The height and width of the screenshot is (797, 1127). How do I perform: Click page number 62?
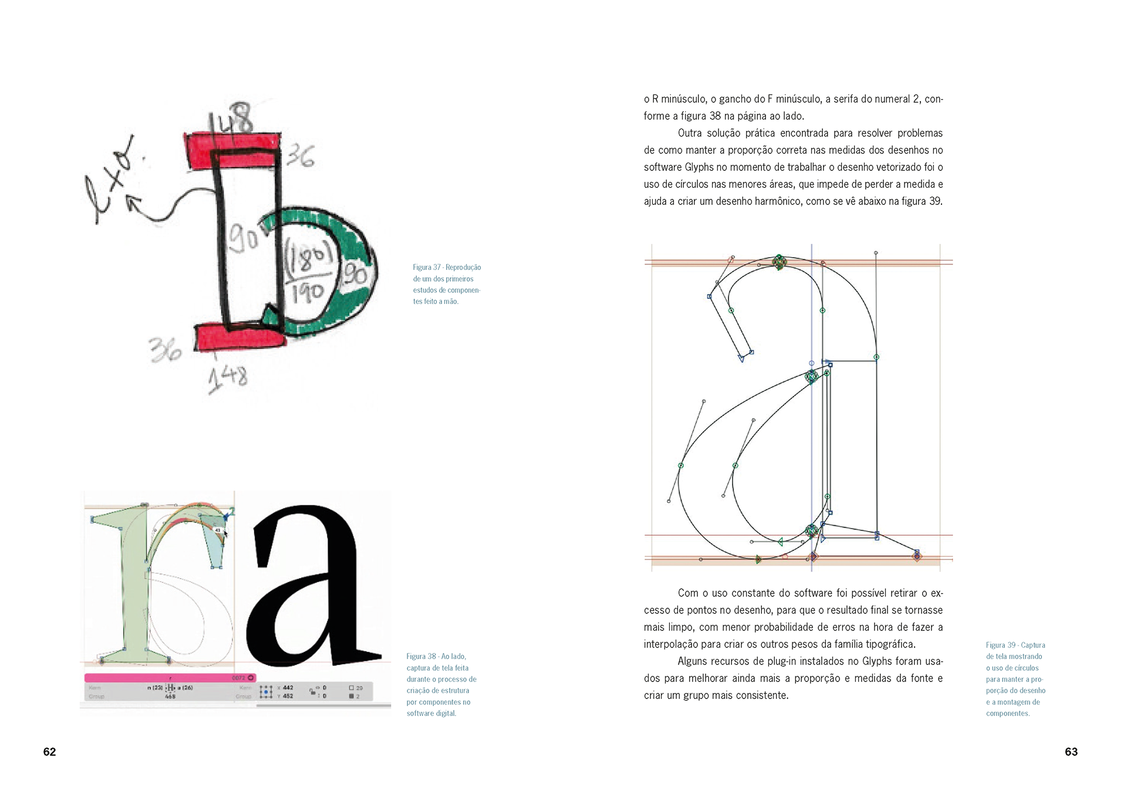[x=49, y=752]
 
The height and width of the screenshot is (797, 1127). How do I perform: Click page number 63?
[x=1071, y=752]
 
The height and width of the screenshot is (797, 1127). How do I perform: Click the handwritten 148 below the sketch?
[x=228, y=377]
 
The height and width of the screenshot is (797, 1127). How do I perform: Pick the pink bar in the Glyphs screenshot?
[x=170, y=678]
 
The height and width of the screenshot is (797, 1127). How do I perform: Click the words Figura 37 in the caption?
[x=427, y=268]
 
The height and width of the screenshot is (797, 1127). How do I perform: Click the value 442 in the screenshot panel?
[x=288, y=688]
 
